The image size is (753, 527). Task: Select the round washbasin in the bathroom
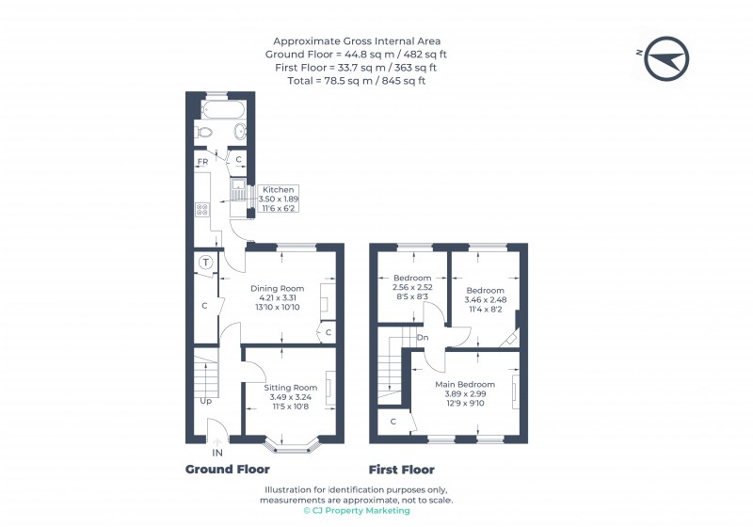(x=239, y=133)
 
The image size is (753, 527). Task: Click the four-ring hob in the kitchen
(x=201, y=210)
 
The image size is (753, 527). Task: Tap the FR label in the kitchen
(x=202, y=163)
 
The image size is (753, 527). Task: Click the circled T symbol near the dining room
(x=205, y=263)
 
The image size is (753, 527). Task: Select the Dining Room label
(x=277, y=288)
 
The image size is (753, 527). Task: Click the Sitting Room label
(x=290, y=388)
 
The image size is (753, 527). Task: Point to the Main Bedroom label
(x=464, y=384)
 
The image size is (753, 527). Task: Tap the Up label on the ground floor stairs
(x=205, y=401)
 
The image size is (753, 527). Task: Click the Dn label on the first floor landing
(x=424, y=337)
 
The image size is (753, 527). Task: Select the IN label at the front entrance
(x=217, y=453)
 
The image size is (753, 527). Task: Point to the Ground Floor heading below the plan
(x=227, y=470)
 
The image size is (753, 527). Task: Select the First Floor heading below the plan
(x=401, y=470)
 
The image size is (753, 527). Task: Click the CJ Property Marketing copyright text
(x=359, y=511)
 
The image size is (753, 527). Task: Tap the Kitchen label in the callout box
(x=278, y=189)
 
